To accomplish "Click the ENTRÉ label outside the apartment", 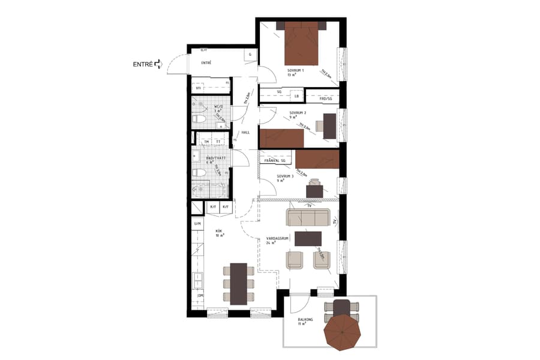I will point(142,64).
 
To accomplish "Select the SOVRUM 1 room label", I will point(296,71).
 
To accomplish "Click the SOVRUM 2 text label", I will point(298,113).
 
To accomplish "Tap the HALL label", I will point(245,133).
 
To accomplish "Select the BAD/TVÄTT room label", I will point(215,158).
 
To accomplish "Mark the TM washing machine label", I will point(207,142).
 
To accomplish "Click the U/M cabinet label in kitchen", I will point(197,224).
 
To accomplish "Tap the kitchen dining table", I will point(238,282).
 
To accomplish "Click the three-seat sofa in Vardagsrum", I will point(308,218).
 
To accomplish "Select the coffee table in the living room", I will point(308,238).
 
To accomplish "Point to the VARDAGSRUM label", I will point(278,238).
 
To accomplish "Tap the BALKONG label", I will point(305,320).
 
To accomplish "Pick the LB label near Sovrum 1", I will point(296,95).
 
